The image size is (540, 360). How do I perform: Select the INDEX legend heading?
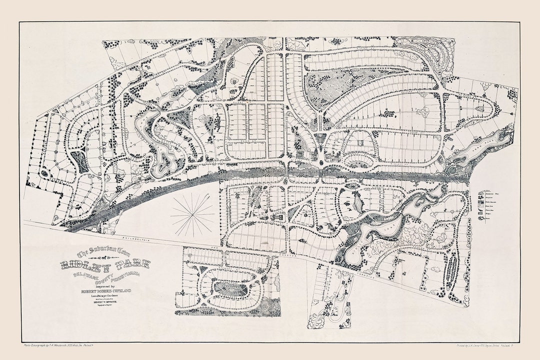click(x=484, y=190)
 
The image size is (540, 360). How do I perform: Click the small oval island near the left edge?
click(x=44, y=173)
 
